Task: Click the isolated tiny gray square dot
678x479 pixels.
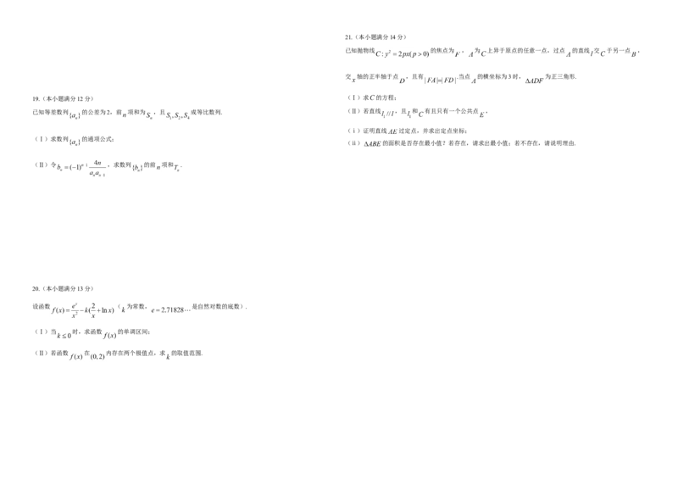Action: [x=166, y=363]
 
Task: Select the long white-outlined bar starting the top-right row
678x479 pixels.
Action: [x=403, y=55]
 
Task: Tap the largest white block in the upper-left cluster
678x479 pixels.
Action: [x=81, y=170]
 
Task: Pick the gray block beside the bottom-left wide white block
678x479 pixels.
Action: [x=166, y=312]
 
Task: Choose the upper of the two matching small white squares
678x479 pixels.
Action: [x=75, y=115]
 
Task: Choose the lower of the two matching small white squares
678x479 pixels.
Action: [x=75, y=142]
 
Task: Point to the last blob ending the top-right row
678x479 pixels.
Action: [x=637, y=54]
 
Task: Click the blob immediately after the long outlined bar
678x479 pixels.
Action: [x=471, y=54]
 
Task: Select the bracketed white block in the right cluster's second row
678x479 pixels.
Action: [x=441, y=81]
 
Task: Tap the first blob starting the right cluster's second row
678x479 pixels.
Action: [x=353, y=82]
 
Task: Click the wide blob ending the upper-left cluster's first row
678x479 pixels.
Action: [x=180, y=116]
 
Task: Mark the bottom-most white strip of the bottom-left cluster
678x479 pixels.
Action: [x=88, y=358]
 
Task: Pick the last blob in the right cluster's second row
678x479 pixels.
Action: [x=534, y=81]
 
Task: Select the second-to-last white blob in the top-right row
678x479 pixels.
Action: [x=597, y=55]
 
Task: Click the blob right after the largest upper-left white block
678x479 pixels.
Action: [x=146, y=170]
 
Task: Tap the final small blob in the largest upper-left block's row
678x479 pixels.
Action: [x=176, y=170]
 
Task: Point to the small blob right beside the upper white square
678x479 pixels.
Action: [x=124, y=115]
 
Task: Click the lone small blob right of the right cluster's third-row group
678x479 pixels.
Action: [x=481, y=114]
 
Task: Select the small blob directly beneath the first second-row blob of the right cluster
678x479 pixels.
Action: [x=372, y=98]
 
